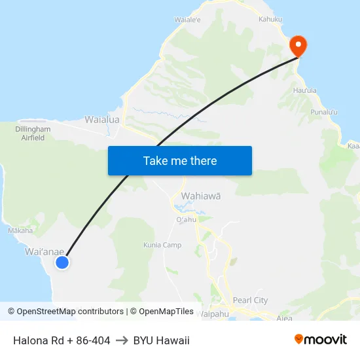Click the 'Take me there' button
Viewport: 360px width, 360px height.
click(x=180, y=160)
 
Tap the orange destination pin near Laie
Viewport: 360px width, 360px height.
click(x=298, y=46)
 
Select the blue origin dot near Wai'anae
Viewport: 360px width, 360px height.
click(x=62, y=262)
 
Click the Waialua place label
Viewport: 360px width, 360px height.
click(x=102, y=120)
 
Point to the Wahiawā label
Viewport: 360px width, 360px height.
click(x=201, y=196)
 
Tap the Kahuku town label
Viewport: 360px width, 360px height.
click(x=270, y=19)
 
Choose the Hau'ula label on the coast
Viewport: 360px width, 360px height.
click(x=305, y=90)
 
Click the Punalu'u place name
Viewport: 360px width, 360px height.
click(x=324, y=113)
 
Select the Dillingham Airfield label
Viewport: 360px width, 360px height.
click(x=29, y=134)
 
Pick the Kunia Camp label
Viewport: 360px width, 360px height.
click(x=162, y=245)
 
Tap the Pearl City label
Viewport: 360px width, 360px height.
click(x=251, y=300)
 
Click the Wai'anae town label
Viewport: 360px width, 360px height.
click(x=45, y=251)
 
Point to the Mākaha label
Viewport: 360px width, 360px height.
click(x=20, y=230)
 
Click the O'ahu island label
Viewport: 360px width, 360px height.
click(x=187, y=219)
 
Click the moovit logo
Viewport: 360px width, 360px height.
click(x=321, y=339)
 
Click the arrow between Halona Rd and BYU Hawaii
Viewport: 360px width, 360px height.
click(x=122, y=340)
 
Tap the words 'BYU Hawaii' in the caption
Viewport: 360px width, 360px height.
click(x=161, y=340)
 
